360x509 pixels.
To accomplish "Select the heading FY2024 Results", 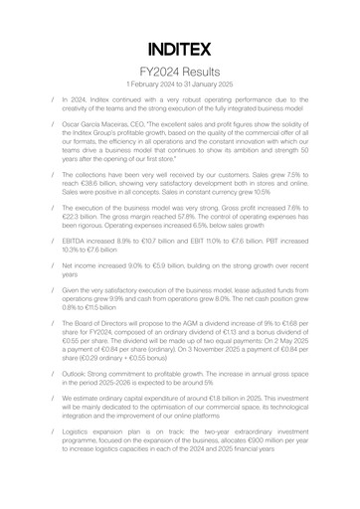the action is pyautogui.click(x=180, y=73).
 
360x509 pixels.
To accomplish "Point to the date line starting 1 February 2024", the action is pyautogui.click(x=180, y=86).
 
